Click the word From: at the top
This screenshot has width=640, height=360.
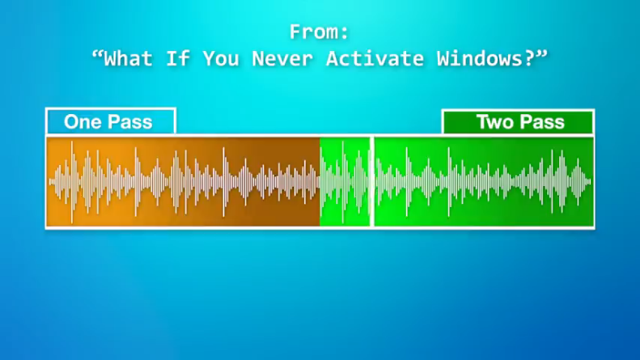[x=319, y=32]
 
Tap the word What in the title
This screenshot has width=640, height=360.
[x=128, y=59]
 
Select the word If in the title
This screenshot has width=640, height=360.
[x=177, y=59]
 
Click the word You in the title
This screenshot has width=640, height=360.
[x=221, y=59]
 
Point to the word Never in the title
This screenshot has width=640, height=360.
[x=282, y=59]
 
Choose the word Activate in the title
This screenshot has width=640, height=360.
[x=375, y=59]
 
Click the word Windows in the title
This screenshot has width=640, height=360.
[x=480, y=59]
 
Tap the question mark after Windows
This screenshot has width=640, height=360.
[x=529, y=59]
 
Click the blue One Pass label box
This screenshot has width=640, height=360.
[x=111, y=121]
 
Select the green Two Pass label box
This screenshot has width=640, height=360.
[x=518, y=121]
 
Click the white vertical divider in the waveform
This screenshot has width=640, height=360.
[x=372, y=182]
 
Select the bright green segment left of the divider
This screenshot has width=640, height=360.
[x=345, y=182]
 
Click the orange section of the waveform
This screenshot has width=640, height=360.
[x=184, y=182]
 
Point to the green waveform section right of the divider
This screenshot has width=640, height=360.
[x=484, y=182]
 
